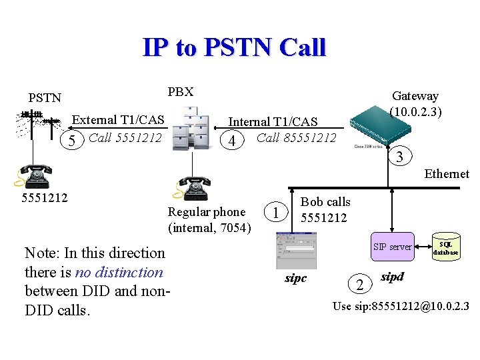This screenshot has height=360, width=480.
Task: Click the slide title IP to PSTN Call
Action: click(234, 47)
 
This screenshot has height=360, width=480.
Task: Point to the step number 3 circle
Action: click(399, 158)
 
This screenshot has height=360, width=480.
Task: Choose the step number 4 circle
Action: click(231, 141)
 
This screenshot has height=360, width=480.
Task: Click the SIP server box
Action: click(392, 247)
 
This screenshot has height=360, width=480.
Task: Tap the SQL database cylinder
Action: click(445, 248)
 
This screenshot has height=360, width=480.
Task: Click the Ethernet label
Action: click(447, 174)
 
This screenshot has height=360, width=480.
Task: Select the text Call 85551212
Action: click(296, 138)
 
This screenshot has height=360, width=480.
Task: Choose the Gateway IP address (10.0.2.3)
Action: click(416, 111)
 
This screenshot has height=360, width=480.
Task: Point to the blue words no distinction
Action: click(119, 272)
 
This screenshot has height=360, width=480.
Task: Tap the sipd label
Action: click(393, 275)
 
